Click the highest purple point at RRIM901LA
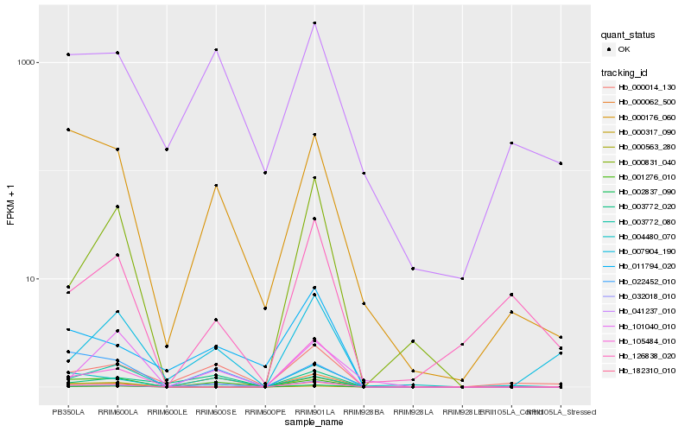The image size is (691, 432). click(314, 23)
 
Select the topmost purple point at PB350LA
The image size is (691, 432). click(68, 54)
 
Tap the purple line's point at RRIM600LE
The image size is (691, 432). click(167, 149)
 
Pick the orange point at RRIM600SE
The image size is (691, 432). click(216, 186)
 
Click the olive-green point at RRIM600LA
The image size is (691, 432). click(117, 207)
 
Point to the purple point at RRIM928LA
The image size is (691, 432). click(413, 269)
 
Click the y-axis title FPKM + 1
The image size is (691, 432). click(11, 203)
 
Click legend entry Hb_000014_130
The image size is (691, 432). click(646, 87)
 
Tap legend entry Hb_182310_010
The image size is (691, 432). click(646, 370)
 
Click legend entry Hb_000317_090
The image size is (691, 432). click(646, 131)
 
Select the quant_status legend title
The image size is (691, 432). click(628, 35)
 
